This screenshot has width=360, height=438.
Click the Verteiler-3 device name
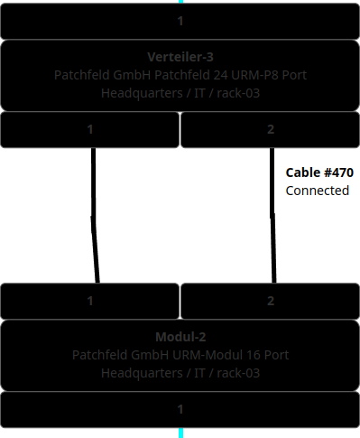[180, 57]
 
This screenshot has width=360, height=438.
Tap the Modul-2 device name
[180, 337]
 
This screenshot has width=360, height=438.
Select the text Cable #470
[319, 172]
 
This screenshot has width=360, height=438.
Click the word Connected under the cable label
[317, 191]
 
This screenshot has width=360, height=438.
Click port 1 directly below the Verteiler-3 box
[90, 130]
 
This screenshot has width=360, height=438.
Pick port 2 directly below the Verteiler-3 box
[271, 130]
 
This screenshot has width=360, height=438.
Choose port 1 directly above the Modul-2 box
[90, 301]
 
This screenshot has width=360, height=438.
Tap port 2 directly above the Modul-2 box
[271, 301]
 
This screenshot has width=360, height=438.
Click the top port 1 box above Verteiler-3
[180, 21]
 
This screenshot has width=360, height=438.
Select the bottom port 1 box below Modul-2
[180, 409]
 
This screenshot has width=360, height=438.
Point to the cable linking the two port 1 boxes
[94, 217]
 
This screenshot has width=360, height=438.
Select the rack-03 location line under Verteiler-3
[180, 93]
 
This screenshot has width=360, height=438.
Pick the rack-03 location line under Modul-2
[180, 373]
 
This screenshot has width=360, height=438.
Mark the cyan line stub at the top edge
[180, 2]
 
